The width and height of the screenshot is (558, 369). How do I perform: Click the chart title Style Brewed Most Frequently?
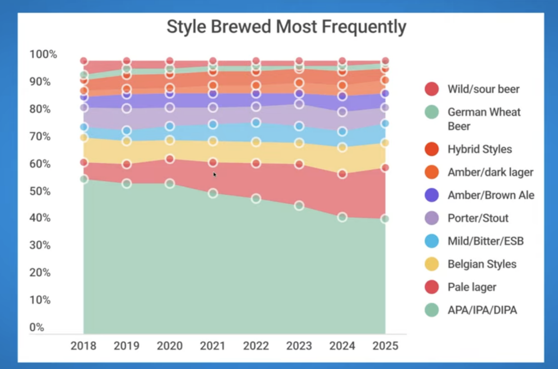point(286,27)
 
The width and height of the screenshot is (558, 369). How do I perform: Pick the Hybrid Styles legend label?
point(480,149)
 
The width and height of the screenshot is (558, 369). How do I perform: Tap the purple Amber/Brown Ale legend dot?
point(432,195)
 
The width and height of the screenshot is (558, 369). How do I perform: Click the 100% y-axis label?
point(43,55)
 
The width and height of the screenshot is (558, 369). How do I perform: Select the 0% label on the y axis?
point(37,328)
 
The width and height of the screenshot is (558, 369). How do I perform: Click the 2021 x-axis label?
point(213,346)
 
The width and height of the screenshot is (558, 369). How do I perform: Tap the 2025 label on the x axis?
point(385,346)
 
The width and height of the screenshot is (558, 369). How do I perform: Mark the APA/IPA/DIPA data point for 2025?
point(385,219)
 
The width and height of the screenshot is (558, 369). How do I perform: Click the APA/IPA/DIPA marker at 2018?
point(84,179)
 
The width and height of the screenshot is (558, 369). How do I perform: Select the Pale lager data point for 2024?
point(342,174)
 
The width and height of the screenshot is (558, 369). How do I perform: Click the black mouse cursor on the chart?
point(215,175)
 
